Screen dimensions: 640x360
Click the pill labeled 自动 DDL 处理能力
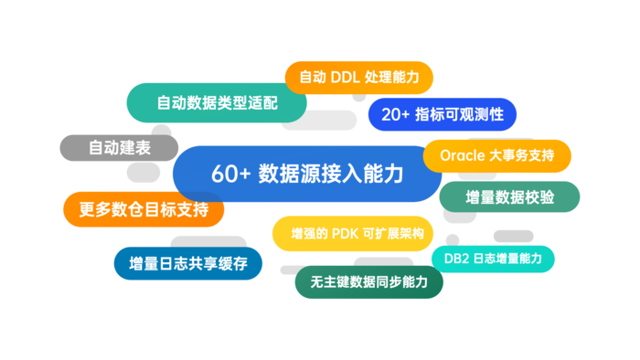pyautogui.click(x=358, y=78)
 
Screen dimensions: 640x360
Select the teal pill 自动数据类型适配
pyautogui.click(x=217, y=102)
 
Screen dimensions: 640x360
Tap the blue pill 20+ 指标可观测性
pyautogui.click(x=442, y=114)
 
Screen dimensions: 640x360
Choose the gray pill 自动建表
pyautogui.click(x=119, y=148)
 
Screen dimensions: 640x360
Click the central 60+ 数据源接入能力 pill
pyautogui.click(x=307, y=174)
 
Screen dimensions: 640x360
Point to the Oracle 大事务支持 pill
pyautogui.click(x=496, y=155)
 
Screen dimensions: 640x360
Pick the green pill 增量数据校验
pyautogui.click(x=509, y=197)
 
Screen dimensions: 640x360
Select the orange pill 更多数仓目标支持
pyautogui.click(x=144, y=209)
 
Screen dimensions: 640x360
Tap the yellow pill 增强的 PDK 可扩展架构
pyautogui.click(x=352, y=234)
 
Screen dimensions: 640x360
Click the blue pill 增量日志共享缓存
pyautogui.click(x=187, y=263)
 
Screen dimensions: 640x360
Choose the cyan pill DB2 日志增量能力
pyautogui.click(x=493, y=259)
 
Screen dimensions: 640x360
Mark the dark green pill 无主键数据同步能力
pyautogui.click(x=369, y=282)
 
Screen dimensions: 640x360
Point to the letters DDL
pyautogui.click(x=345, y=78)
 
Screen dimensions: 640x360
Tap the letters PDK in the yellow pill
pyautogui.click(x=346, y=234)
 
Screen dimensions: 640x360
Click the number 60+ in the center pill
pyautogui.click(x=230, y=175)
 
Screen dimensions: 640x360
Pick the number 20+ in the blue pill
pyautogui.click(x=395, y=115)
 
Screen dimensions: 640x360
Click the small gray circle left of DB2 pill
pyautogui.click(x=453, y=240)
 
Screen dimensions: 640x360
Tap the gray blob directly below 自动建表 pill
pyautogui.click(x=144, y=173)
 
